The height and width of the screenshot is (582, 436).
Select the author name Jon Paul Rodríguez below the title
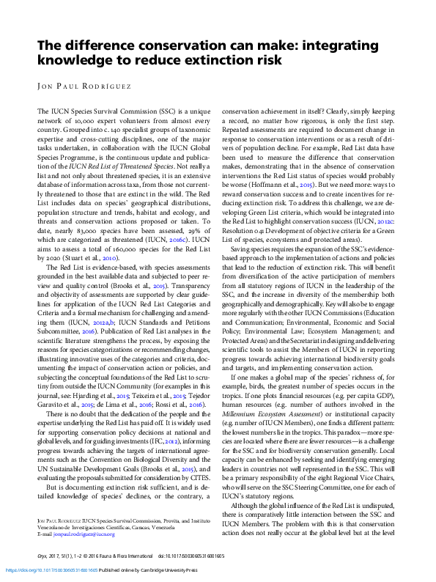[x=84, y=86]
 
